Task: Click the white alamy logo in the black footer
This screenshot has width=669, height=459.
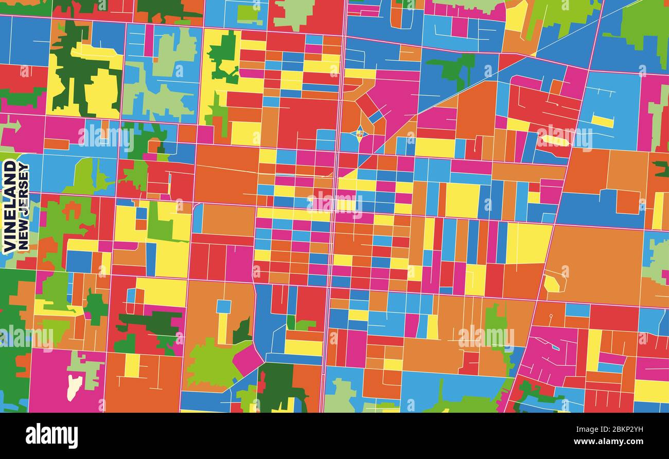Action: (x=51, y=436)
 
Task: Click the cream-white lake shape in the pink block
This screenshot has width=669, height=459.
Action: (x=75, y=387)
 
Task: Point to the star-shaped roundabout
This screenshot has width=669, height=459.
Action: (x=359, y=135)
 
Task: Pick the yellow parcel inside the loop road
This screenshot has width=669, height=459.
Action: (x=552, y=283)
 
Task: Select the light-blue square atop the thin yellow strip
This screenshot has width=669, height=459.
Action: (x=223, y=306)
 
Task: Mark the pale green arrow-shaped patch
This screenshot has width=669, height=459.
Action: (x=11, y=125)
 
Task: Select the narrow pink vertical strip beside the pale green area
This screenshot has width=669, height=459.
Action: (x=149, y=40)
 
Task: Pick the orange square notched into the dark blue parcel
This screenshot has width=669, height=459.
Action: (x=628, y=201)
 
